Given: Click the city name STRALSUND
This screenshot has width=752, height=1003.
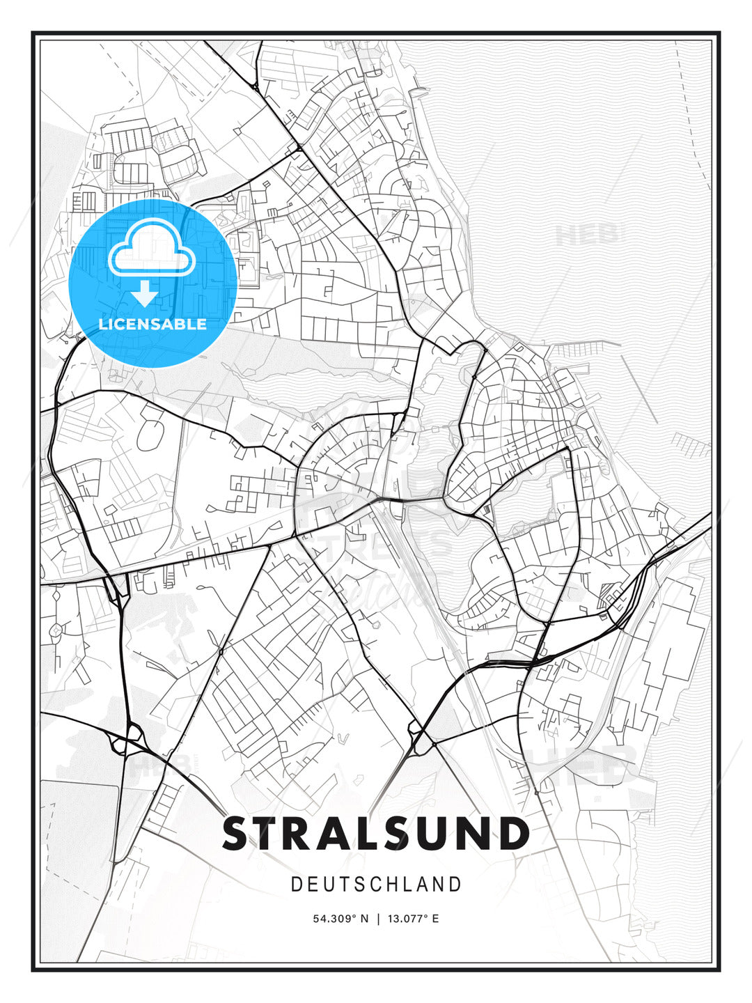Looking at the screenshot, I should [x=376, y=834].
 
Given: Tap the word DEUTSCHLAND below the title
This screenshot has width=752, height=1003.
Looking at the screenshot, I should [x=376, y=885].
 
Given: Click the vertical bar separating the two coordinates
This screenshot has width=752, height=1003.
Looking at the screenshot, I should [x=378, y=919].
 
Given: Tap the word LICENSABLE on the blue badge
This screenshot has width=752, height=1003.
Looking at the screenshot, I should [x=152, y=324].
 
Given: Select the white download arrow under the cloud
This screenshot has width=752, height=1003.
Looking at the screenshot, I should [x=145, y=293].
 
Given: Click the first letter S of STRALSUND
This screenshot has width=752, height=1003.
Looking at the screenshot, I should [x=237, y=834].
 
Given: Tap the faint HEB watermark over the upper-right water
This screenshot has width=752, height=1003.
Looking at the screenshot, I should [x=586, y=235].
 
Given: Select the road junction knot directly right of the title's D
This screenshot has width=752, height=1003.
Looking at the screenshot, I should [x=536, y=791].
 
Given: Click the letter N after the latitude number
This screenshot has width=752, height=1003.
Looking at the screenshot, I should [x=363, y=919].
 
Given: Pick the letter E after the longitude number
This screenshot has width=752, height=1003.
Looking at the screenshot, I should [x=435, y=919].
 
